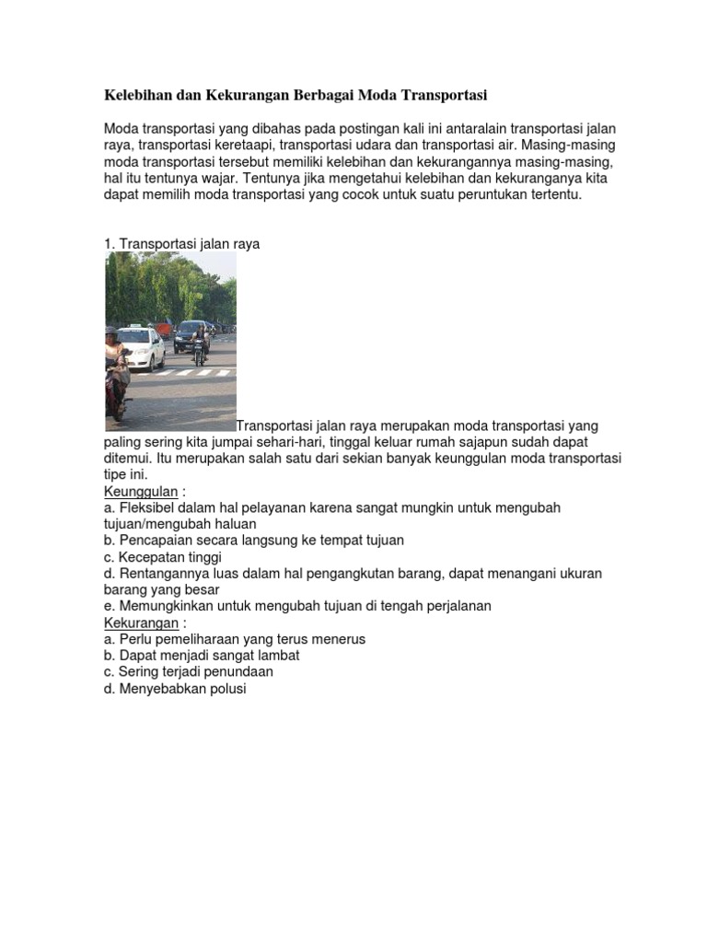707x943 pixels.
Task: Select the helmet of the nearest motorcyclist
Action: point(111,331)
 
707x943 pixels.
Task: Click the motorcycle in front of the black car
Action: point(199,351)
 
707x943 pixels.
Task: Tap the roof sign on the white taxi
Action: point(136,326)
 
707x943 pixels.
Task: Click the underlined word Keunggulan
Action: point(141,492)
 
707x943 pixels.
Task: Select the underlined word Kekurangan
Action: point(141,623)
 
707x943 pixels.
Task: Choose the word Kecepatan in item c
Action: point(151,557)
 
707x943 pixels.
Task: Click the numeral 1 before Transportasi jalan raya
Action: point(108,244)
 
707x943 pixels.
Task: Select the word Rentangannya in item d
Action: point(161,574)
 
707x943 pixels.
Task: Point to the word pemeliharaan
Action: point(192,639)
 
